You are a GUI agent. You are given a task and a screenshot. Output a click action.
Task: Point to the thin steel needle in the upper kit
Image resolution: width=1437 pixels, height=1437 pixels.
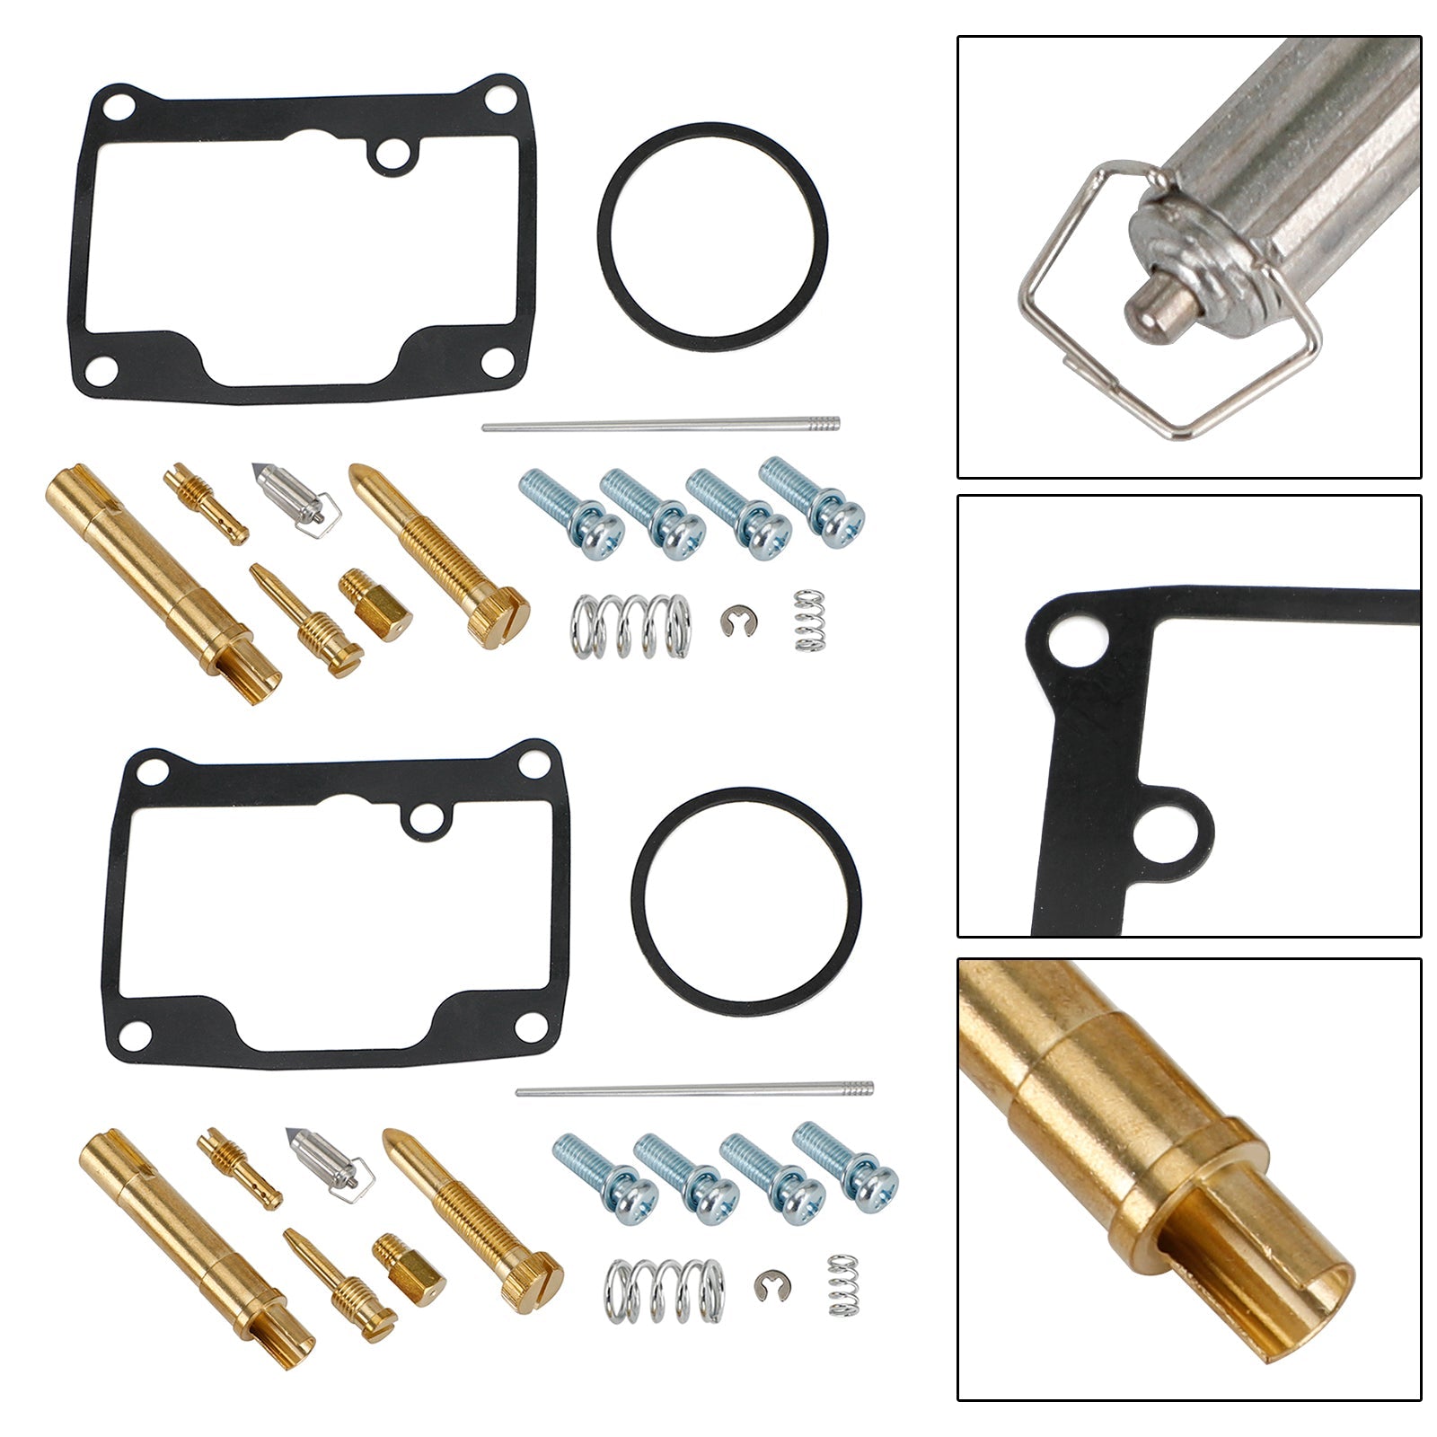pyautogui.click(x=660, y=424)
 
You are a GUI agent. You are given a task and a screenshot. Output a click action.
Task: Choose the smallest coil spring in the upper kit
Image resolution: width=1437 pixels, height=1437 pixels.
pyautogui.click(x=810, y=620)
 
